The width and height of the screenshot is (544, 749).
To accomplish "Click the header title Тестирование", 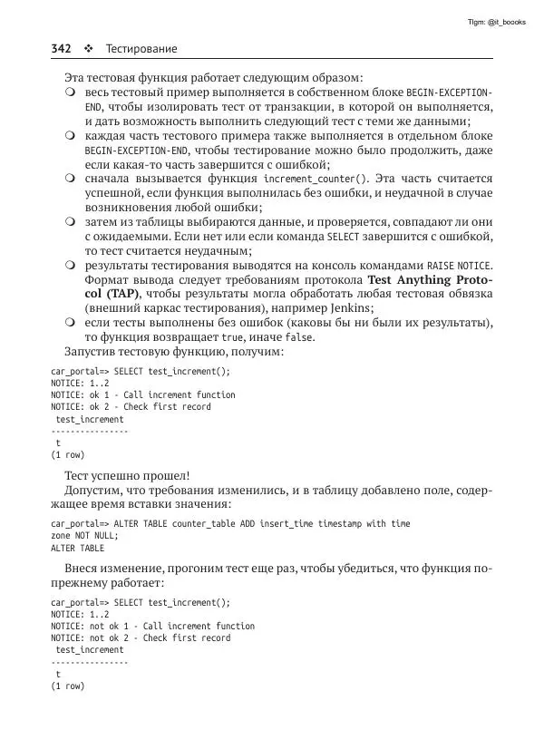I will (x=141, y=48).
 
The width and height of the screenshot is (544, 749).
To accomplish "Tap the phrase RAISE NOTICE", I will (x=456, y=267).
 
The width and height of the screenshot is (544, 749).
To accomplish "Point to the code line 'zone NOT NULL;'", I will (x=84, y=536).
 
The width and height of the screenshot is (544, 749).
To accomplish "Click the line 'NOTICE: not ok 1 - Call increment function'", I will (x=152, y=626).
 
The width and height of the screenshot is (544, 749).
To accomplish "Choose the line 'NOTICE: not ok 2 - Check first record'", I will (x=141, y=637).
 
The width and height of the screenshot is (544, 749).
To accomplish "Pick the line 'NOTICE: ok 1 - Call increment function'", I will (x=142, y=394).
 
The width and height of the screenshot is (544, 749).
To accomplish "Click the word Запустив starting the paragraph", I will (x=92, y=351).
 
